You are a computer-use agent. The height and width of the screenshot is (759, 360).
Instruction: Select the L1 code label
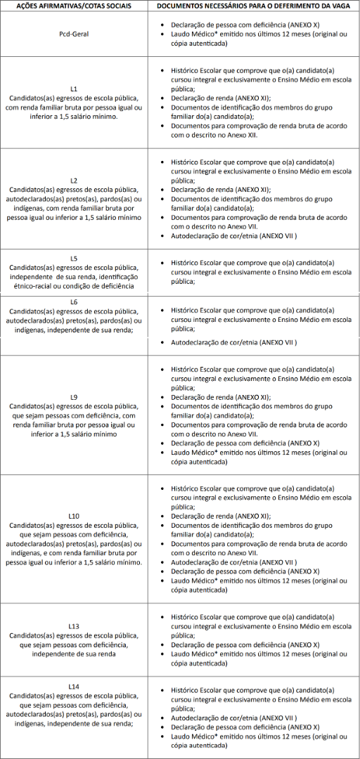coord(74,89)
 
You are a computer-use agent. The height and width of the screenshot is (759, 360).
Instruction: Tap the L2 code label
coord(74,181)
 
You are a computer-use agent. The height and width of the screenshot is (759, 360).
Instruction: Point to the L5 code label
coord(74,258)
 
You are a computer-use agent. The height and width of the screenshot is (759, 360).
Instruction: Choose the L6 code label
coord(74,302)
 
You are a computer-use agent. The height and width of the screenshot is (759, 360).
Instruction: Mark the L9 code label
coord(74,397)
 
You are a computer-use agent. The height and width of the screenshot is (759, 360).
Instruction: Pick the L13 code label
coord(74,625)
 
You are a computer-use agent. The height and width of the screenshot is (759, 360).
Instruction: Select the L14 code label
coord(74,686)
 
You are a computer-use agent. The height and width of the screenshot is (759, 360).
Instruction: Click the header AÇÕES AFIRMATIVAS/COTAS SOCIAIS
coord(74,6)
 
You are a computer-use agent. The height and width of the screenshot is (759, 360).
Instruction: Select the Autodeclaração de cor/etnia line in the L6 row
coord(233,342)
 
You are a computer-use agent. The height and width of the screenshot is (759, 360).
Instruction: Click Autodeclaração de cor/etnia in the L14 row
coord(233,718)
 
